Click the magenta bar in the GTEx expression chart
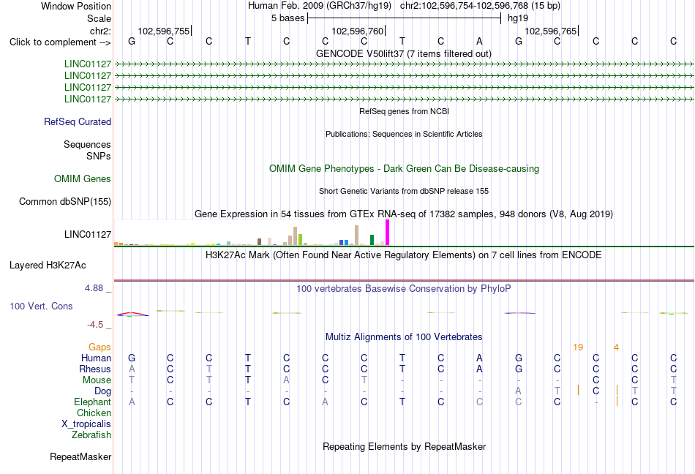coord(388,233)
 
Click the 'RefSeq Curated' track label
coord(78,122)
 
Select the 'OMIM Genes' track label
coord(83,179)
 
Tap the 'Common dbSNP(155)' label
coord(65,202)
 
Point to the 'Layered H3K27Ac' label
coord(48,266)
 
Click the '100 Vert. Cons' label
coord(41,306)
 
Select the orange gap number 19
coord(578,347)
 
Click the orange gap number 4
coord(616,347)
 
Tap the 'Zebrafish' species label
coord(91,435)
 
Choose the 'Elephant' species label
coord(93,402)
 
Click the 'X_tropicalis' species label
coord(86,424)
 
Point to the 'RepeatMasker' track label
coord(80,456)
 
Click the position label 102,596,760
coord(357,31)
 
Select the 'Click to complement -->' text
coord(60,42)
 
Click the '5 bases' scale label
coord(288,18)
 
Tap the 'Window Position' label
coord(76,6)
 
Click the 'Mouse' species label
coord(97,380)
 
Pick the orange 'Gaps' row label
coord(99,347)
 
